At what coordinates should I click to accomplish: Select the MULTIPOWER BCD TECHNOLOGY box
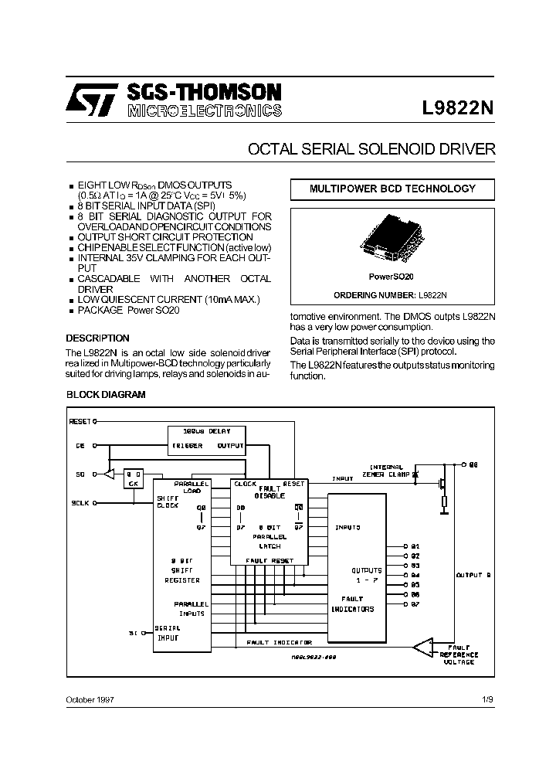tap(392, 189)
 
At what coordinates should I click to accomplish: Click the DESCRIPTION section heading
tap(97, 338)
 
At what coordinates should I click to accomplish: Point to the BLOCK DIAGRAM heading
tap(106, 395)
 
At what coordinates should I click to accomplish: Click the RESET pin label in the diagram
tap(80, 422)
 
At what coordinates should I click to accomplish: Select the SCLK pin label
tap(80, 502)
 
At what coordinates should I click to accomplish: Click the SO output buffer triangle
tap(110, 473)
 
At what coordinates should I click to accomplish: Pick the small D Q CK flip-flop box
tap(134, 478)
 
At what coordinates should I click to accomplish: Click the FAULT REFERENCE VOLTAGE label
tap(459, 655)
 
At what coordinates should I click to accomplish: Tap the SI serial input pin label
tap(132, 633)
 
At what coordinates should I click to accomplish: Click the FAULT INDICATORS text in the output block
tap(352, 604)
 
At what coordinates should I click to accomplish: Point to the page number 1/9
tap(486, 699)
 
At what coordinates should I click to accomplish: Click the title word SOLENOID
tap(395, 149)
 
